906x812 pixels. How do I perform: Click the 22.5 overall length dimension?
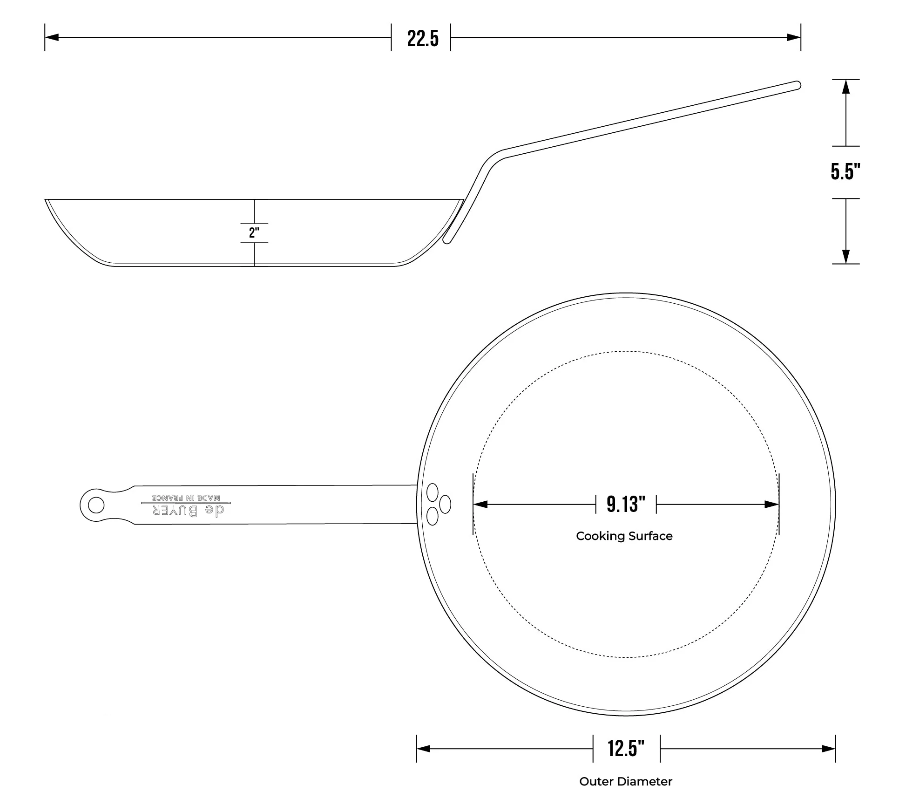pyautogui.click(x=422, y=38)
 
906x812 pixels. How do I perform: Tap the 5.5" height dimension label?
pyautogui.click(x=845, y=172)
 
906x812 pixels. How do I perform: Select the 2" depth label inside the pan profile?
pyautogui.click(x=254, y=232)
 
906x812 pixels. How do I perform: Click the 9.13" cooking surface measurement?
pyautogui.click(x=626, y=504)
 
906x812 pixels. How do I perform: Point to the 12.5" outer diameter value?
pyautogui.click(x=626, y=748)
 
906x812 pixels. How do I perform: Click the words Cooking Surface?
pyautogui.click(x=624, y=536)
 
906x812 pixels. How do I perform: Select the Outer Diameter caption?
pyautogui.click(x=625, y=781)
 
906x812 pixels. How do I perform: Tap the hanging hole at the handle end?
pyautogui.click(x=96, y=505)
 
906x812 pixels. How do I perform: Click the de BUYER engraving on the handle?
pyautogui.click(x=189, y=511)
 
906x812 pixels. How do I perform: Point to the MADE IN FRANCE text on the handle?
pyautogui.click(x=186, y=498)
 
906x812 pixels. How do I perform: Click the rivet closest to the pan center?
pyautogui.click(x=445, y=504)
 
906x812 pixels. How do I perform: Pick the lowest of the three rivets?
pyautogui.click(x=433, y=516)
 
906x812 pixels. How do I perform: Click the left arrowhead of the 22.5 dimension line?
pyautogui.click(x=52, y=37)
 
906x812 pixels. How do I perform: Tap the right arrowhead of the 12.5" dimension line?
pyautogui.click(x=829, y=749)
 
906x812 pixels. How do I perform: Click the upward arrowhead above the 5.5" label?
pyautogui.click(x=846, y=87)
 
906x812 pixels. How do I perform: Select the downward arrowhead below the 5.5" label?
pyautogui.click(x=846, y=257)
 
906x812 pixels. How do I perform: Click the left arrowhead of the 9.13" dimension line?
pyautogui.click(x=480, y=504)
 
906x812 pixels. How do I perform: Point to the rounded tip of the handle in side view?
pyautogui.click(x=797, y=85)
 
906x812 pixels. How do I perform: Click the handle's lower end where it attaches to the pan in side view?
pyautogui.click(x=447, y=240)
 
